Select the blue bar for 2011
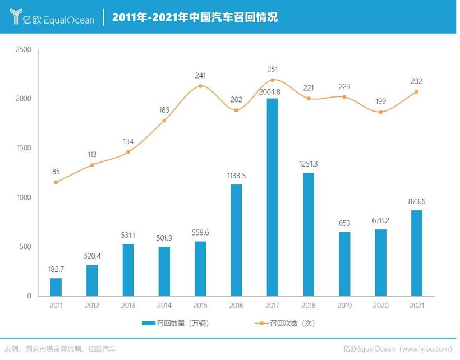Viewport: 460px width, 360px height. point(56,287)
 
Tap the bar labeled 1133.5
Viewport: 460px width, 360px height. point(236,240)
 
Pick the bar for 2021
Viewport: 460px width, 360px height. point(416,253)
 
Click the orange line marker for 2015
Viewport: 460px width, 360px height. point(200,86)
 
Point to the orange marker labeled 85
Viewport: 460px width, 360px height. point(56,182)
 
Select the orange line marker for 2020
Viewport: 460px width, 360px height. point(380,112)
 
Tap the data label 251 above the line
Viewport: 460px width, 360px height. point(272,70)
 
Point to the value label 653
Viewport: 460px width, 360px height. point(344,224)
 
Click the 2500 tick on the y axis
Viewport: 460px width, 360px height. point(24,50)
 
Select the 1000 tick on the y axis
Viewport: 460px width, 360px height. point(24,198)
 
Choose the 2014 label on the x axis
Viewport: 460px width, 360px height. point(164,306)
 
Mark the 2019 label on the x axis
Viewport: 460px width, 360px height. point(344,306)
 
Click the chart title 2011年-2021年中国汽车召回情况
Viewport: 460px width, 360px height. point(194,17)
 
